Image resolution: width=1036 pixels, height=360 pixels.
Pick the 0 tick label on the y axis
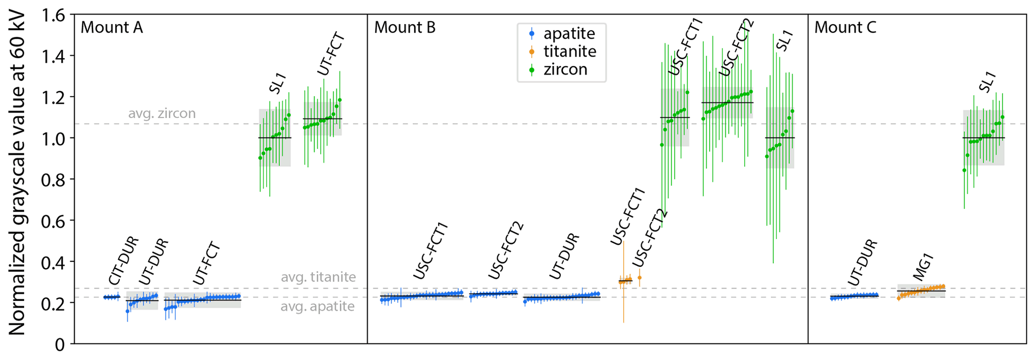pos(60,344)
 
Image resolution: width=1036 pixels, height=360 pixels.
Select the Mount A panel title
pos(111,28)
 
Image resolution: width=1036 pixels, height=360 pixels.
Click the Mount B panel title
pos(404,28)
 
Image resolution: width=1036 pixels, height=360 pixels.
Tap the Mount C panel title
pos(845,28)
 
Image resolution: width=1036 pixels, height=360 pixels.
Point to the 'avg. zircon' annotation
pos(161,114)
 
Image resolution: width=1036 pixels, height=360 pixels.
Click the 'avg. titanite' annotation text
pos(318,277)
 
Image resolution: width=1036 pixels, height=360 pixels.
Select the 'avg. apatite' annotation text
pos(317,306)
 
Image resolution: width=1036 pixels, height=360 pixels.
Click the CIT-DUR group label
pos(123,261)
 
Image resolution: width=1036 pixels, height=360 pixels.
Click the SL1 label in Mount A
pos(277,83)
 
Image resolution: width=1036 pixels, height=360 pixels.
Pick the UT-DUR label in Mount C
pos(863,263)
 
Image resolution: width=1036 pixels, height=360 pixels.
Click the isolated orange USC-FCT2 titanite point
pos(639,278)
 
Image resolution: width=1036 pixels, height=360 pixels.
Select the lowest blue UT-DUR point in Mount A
pos(127,311)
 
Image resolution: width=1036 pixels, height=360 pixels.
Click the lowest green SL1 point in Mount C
pos(964,170)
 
